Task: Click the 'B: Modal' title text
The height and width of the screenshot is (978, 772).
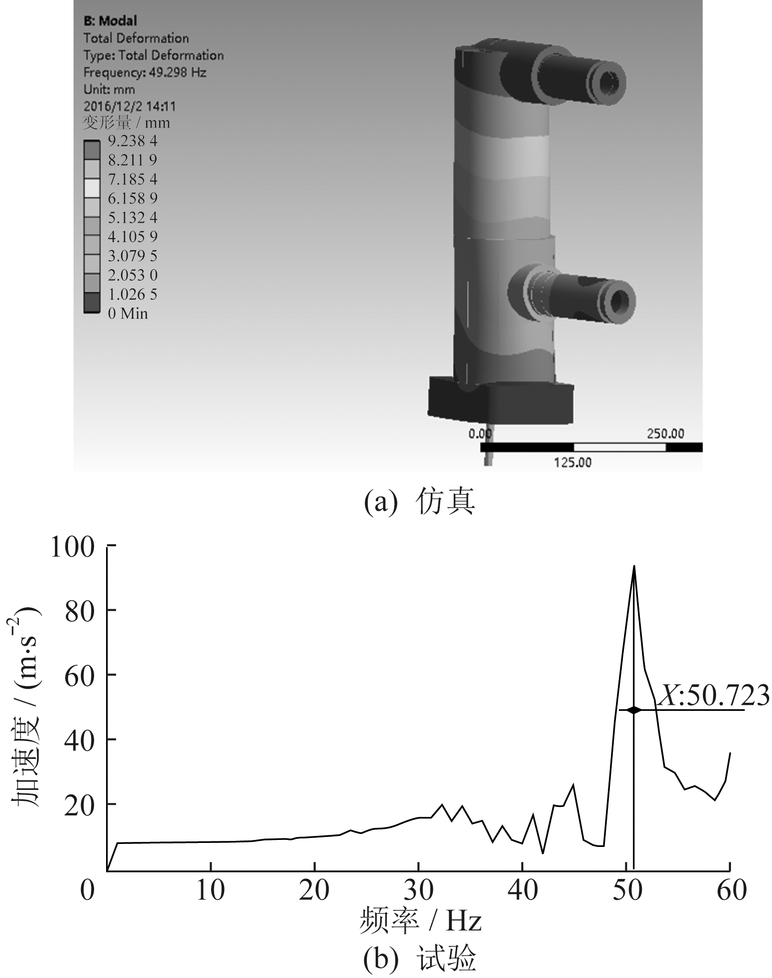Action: coord(110,21)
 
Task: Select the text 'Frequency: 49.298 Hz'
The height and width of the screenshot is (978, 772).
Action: coord(145,73)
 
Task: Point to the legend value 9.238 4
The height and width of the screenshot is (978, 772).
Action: coord(133,141)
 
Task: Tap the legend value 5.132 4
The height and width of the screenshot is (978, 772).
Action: coord(133,218)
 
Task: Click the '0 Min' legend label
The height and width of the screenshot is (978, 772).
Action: coord(128,314)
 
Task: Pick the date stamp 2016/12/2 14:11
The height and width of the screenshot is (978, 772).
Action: coord(130,106)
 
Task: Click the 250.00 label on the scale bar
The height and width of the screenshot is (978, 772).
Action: coord(665,434)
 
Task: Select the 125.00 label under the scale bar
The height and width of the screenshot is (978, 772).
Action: coord(572,463)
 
